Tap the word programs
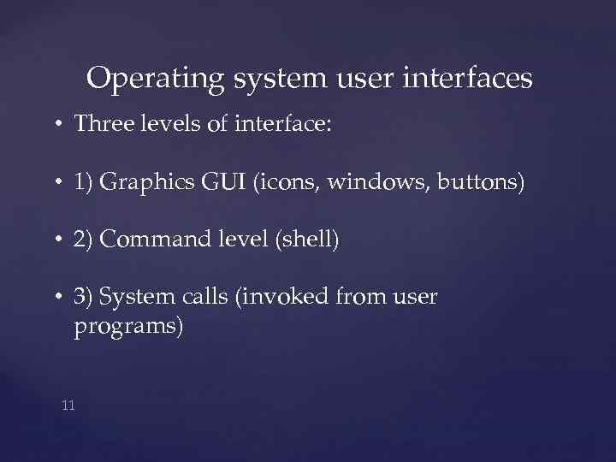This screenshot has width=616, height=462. coord(128,327)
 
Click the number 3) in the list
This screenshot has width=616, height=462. coord(84,297)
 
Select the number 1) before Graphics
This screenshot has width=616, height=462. coord(84,182)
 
